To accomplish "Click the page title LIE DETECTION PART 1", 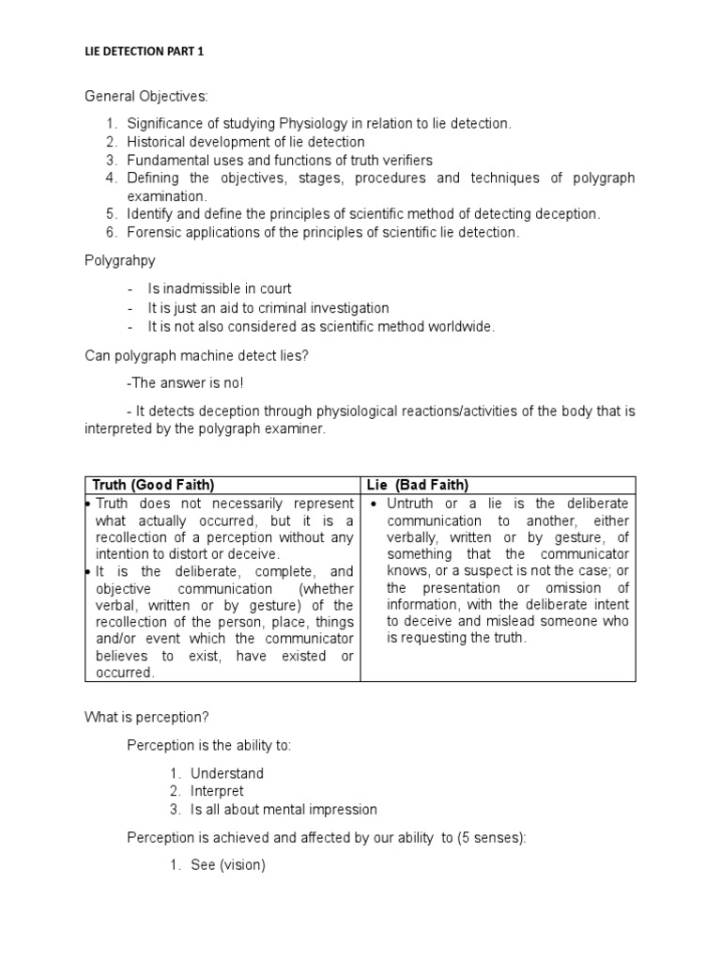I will point(145,53).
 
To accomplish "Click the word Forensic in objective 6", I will point(153,232).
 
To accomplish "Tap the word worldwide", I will point(460,326).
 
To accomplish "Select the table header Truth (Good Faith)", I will point(154,485).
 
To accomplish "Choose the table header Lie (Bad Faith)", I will point(418,485).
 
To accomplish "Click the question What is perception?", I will point(146,717).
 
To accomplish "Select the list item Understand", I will point(227,773).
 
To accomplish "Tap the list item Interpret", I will point(217,791).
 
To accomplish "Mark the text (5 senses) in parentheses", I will point(489,837).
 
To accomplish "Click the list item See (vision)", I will point(228,865).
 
